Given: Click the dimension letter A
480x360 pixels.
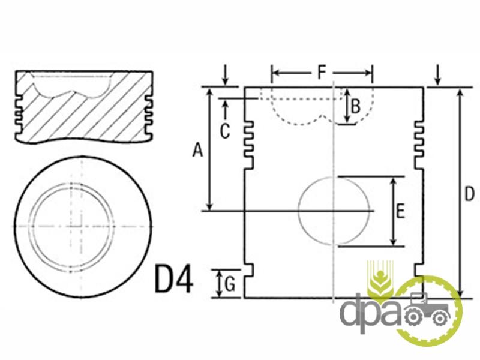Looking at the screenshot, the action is pos(197,150).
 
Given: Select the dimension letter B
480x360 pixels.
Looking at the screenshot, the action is pos(355,107).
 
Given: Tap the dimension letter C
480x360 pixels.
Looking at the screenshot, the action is pos(225,131).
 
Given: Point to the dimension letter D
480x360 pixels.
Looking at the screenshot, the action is pos(469,194).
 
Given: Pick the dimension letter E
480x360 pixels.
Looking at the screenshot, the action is pos(400,211).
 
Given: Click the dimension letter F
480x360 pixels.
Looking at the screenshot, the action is pos(322,73).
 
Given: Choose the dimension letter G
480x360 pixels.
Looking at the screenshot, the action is pos(230,284).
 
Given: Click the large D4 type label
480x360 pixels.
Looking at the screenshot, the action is pos(174,279).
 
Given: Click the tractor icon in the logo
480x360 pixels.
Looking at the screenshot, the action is pos(427,309).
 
